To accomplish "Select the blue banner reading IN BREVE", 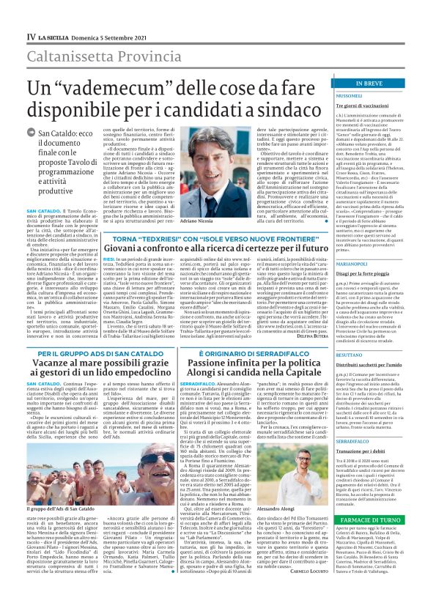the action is pyautogui.click(x=377, y=84).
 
